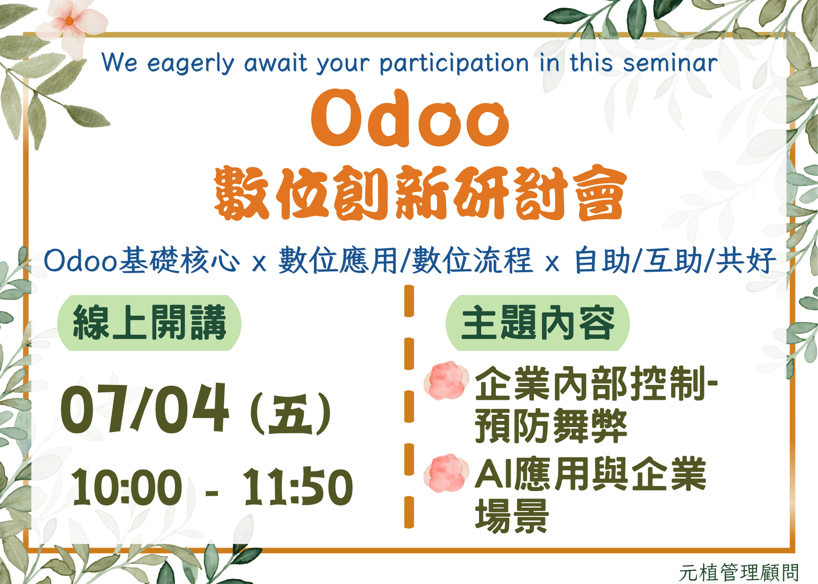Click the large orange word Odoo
click(410, 118)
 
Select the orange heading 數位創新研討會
click(420, 193)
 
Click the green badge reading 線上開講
click(149, 323)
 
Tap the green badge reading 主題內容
click(537, 323)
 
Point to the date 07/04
click(144, 408)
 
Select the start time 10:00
click(127, 487)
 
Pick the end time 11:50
click(298, 487)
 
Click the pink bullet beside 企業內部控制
click(446, 380)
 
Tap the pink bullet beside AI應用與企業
click(446, 473)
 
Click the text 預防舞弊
click(551, 426)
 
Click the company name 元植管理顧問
click(739, 573)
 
